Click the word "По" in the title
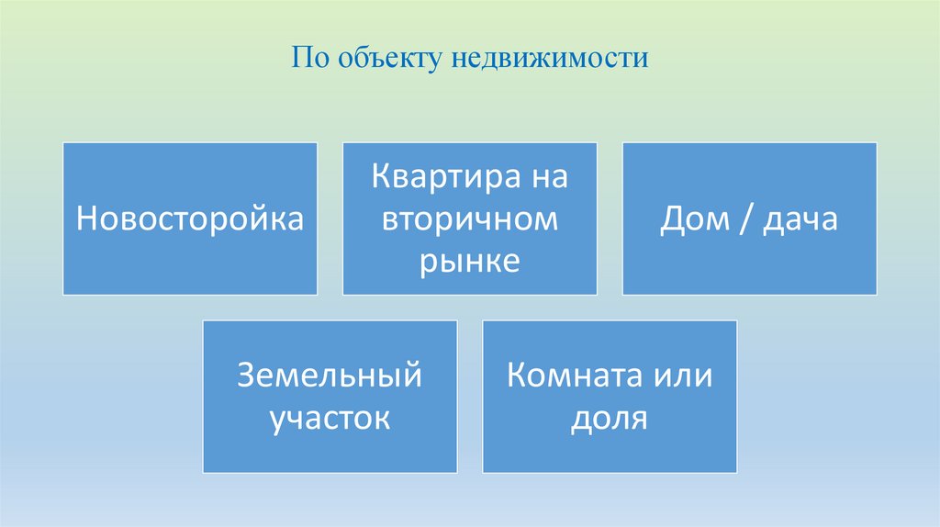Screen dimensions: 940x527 pyautogui.click(x=308, y=60)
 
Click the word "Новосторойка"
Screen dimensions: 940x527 pyautogui.click(x=190, y=219)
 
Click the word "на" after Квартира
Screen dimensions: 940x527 pyautogui.click(x=548, y=176)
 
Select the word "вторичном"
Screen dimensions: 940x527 pyautogui.click(x=470, y=219)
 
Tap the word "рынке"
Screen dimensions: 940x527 pyautogui.click(x=470, y=263)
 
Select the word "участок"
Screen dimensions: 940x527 pyautogui.click(x=330, y=419)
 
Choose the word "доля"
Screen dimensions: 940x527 pyautogui.click(x=610, y=419)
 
